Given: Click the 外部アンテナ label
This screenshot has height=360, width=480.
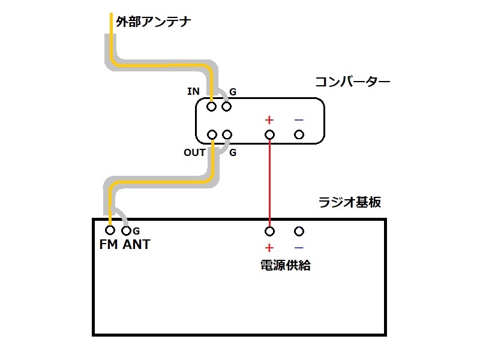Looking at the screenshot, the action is (154, 22).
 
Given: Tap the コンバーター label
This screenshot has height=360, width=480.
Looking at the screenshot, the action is (353, 82).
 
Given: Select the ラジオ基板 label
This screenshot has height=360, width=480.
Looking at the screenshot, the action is (350, 202).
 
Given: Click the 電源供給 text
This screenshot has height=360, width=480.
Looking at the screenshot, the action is (286, 265).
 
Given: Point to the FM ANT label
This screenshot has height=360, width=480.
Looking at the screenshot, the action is (125, 244).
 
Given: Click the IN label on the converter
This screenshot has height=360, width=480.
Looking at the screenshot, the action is (193, 91).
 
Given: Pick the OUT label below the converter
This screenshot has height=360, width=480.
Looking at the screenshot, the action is (194, 152).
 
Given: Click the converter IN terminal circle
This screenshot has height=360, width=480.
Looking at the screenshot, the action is (212, 107).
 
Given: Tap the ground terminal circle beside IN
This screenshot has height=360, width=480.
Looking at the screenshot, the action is (227, 107).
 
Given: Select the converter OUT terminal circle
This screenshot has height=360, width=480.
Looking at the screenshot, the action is (212, 134).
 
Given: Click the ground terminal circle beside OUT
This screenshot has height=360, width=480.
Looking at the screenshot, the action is (227, 134).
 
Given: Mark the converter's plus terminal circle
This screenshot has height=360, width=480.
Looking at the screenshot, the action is (269, 134).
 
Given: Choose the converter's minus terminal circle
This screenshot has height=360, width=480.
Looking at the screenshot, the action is (299, 134).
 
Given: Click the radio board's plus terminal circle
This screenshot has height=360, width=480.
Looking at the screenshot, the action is (269, 231).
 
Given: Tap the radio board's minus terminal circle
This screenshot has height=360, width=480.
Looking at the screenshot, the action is (299, 231).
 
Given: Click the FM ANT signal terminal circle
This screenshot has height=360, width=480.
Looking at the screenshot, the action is (110, 230).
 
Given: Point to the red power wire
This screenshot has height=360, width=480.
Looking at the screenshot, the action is (269, 183).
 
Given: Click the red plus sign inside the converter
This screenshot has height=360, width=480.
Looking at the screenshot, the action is (269, 120).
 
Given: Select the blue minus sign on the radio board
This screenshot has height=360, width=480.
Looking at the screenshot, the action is (299, 247).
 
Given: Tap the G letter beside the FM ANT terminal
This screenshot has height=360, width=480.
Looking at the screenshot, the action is (136, 231).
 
